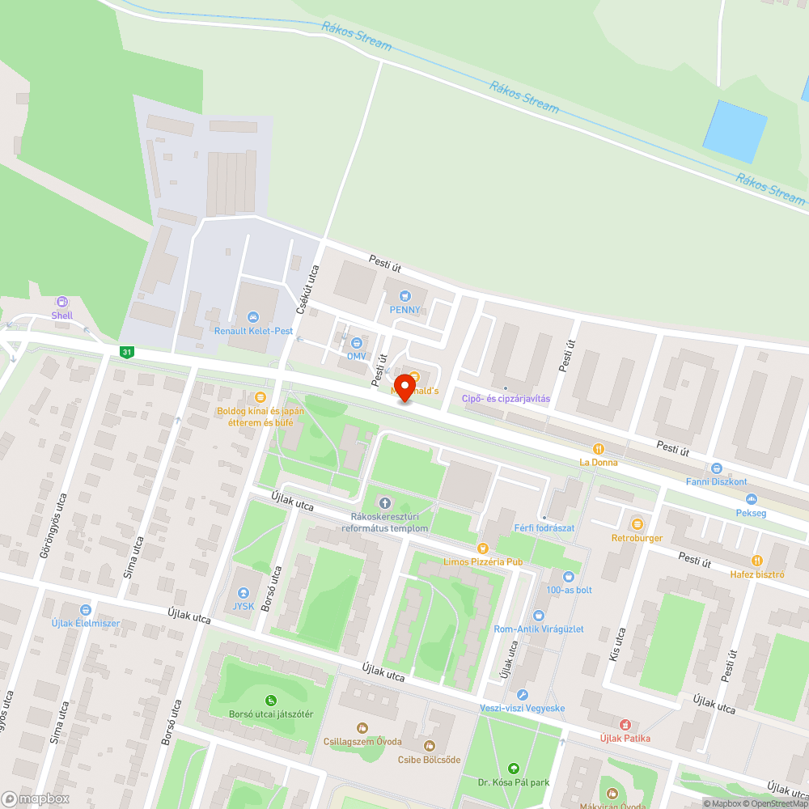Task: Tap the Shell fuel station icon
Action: click(62, 302)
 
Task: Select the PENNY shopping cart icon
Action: click(404, 296)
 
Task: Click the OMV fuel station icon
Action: click(357, 342)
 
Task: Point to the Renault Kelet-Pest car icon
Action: click(253, 317)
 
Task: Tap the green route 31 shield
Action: click(125, 352)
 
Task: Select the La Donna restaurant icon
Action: click(598, 449)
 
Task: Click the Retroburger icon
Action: click(637, 524)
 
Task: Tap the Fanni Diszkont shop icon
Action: click(716, 468)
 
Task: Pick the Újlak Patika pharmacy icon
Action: click(625, 724)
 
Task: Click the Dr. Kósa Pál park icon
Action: click(512, 768)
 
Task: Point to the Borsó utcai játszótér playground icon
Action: click(270, 701)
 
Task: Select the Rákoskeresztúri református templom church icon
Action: click(383, 505)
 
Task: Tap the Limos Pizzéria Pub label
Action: click(484, 561)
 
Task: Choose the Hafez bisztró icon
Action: click(757, 560)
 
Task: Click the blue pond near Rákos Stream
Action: click(735, 131)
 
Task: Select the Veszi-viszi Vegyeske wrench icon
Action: click(523, 695)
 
